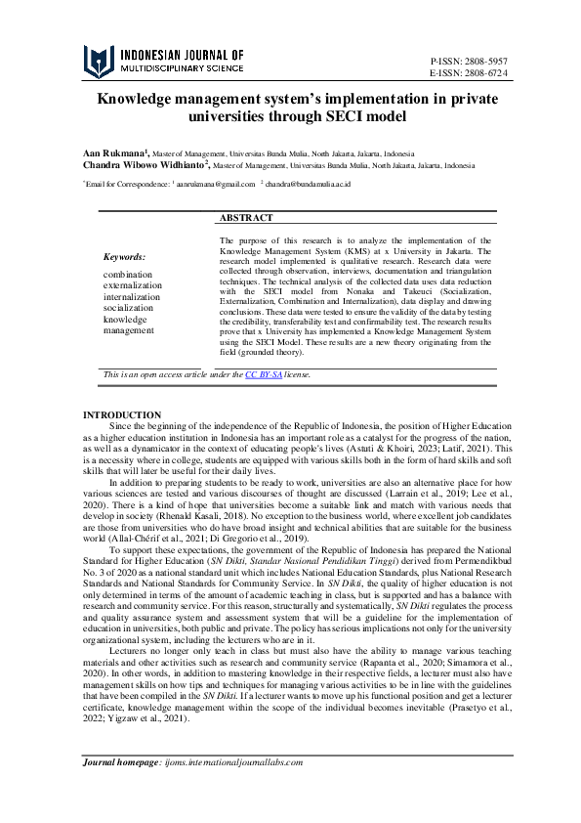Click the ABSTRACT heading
tap(246, 218)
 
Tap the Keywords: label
tap(124, 256)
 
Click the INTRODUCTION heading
tap(122, 414)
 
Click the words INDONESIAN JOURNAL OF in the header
tap(181, 55)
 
